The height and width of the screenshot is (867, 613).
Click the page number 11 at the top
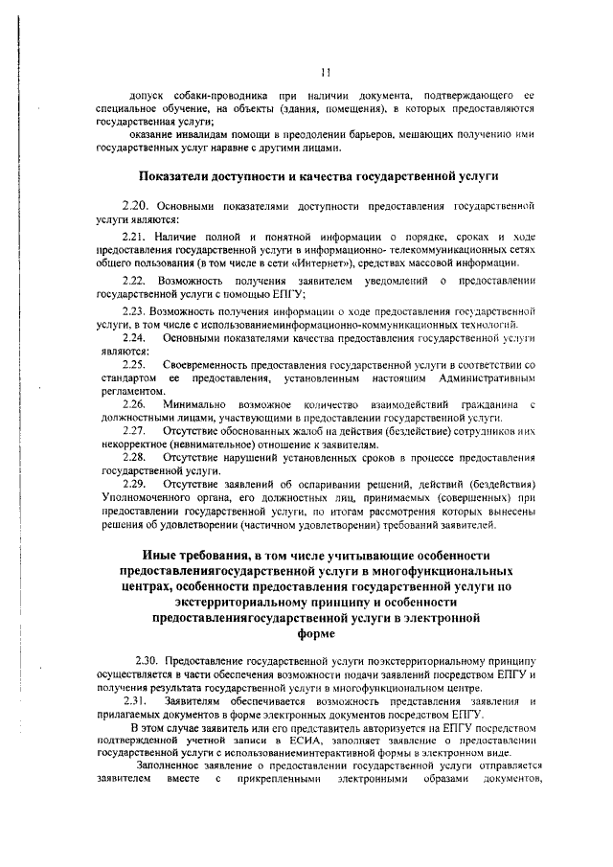(326, 70)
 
